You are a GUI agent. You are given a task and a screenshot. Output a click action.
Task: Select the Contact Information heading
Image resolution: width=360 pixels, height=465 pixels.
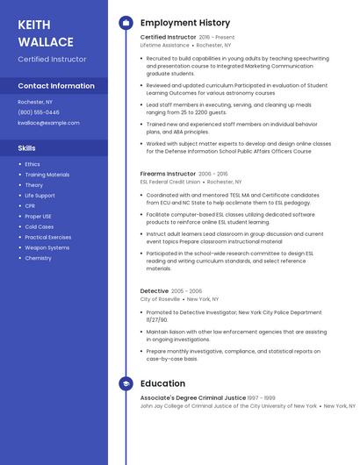tap(56, 86)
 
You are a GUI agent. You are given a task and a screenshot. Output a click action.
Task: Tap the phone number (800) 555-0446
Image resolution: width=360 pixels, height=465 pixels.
tap(39, 112)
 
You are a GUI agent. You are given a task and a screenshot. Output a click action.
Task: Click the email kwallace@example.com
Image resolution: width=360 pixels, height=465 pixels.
tap(48, 123)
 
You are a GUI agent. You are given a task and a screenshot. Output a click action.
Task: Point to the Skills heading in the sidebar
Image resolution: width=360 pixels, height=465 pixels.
tap(27, 148)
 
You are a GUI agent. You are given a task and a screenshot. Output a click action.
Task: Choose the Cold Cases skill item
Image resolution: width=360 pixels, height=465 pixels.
tap(40, 226)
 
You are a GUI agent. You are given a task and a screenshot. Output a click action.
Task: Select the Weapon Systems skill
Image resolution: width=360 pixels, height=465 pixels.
tap(47, 247)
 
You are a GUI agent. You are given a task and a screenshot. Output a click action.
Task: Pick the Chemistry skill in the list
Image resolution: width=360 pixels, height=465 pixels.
tap(38, 258)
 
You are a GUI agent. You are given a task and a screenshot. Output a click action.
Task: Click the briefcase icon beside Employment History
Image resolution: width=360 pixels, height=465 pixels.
tap(125, 23)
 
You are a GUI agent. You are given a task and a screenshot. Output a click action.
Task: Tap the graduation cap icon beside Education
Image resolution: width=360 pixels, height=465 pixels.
tap(125, 383)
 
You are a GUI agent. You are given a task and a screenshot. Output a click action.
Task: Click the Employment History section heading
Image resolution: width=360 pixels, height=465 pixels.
tap(184, 23)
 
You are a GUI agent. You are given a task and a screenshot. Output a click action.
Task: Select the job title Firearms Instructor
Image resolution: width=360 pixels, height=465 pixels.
tap(168, 174)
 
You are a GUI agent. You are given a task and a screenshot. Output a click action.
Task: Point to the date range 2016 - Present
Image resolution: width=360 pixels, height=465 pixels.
tap(217, 38)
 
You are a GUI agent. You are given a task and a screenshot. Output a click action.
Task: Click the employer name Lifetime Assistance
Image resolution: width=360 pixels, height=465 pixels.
tap(164, 45)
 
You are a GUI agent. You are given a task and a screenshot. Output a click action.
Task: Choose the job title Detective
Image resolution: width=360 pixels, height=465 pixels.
tap(155, 290)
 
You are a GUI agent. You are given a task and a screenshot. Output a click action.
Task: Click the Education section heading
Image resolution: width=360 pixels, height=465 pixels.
tap(162, 383)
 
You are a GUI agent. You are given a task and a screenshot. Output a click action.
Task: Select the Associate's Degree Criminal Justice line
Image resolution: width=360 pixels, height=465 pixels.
tap(192, 397)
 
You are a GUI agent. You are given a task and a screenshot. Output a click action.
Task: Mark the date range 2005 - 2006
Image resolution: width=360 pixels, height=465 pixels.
tap(186, 290)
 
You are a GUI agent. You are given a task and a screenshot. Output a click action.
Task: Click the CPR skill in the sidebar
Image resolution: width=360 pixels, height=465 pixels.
tap(30, 205)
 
